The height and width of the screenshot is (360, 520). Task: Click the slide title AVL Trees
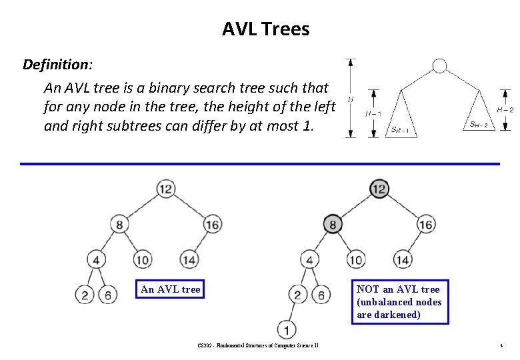pos(265,29)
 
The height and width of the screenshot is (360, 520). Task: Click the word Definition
pos(56,65)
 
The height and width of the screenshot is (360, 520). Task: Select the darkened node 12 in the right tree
pos(379,189)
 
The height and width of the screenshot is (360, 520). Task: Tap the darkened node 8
pos(333,224)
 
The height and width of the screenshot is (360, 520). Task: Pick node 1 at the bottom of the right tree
pos(286,329)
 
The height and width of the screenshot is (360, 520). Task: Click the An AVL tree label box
pos(170,289)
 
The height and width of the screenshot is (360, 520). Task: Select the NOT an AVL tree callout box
pos(400,302)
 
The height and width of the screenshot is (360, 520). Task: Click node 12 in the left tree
pos(166,189)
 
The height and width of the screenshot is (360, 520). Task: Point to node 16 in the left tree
pos(213,225)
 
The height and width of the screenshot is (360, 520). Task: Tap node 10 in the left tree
pos(142,259)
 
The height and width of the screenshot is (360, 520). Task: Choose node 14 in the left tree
pos(189,259)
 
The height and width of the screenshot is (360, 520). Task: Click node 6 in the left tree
pos(107,294)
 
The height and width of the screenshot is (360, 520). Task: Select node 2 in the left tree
pos(85,294)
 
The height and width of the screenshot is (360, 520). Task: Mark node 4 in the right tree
pos(309,259)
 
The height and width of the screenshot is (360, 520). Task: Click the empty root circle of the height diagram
pos(439,65)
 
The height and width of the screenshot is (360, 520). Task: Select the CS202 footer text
pos(258,346)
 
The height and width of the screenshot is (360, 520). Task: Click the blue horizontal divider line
pos(260,163)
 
